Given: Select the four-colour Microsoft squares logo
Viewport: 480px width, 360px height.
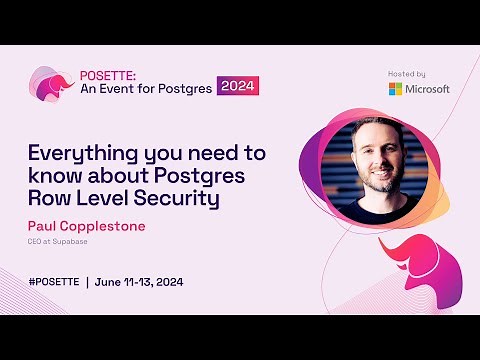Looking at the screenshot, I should click(396, 89).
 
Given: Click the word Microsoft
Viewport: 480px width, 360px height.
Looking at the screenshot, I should click(427, 89).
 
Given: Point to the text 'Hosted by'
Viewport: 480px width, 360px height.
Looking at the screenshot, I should click(406, 73).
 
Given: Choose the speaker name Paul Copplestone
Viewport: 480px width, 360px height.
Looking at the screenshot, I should click(86, 226).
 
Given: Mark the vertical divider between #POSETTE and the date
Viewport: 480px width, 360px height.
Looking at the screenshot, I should click(87, 281).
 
